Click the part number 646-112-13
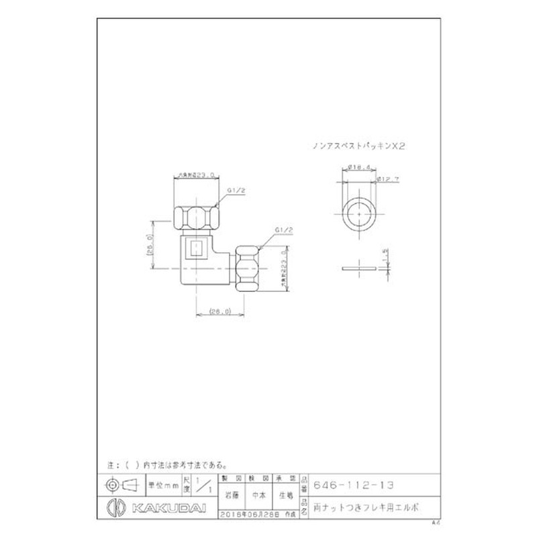(x=354, y=485)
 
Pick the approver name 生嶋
(x=287, y=496)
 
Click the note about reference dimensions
(x=168, y=465)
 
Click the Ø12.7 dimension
(x=389, y=179)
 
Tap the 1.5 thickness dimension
(x=385, y=256)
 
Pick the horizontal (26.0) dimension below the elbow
(x=219, y=311)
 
